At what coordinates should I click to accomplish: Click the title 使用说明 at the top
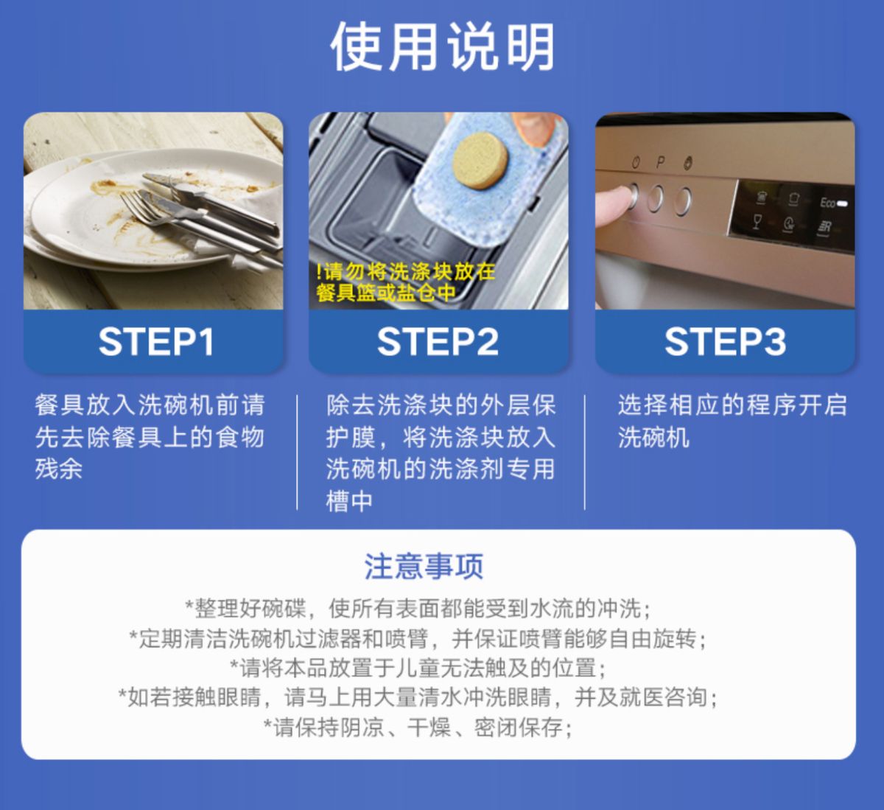point(442,47)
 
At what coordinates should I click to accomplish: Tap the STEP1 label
point(155,342)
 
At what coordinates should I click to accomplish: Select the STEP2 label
point(438,342)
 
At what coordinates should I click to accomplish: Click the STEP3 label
point(725,342)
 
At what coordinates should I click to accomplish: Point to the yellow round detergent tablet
point(480,158)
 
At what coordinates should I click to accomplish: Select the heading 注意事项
point(424,567)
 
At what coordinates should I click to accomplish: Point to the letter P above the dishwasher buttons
point(661,162)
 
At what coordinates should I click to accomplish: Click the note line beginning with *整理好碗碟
point(418,609)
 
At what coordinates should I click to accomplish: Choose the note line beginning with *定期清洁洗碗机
point(418,638)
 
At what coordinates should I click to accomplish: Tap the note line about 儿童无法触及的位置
point(418,668)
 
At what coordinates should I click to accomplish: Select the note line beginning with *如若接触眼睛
point(418,697)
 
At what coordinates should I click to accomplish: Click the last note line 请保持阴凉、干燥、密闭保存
point(418,727)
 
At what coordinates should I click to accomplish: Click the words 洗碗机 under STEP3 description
point(653,438)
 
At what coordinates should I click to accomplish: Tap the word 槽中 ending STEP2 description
point(350,501)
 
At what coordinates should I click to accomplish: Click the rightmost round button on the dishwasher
point(684,198)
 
